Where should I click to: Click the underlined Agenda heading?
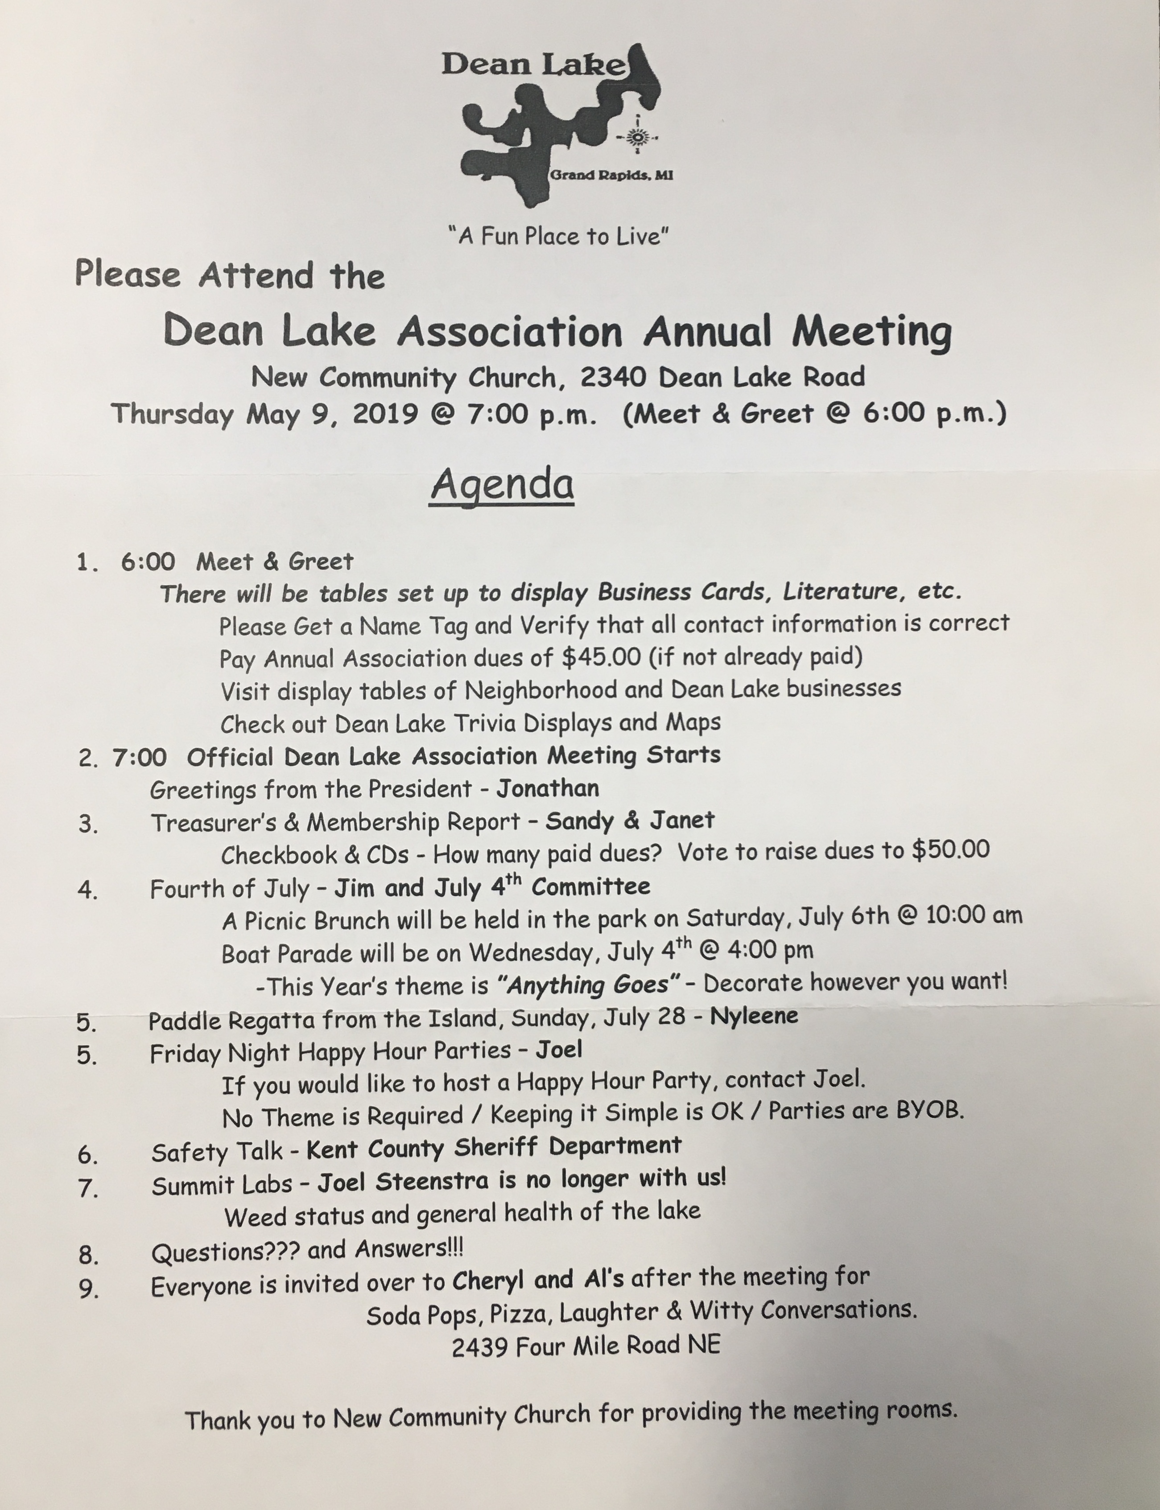click(x=502, y=485)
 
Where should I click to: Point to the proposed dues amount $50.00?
click(x=951, y=849)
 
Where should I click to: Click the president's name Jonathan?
click(x=548, y=788)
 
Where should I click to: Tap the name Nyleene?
click(x=754, y=1016)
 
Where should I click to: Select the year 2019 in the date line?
click(x=385, y=414)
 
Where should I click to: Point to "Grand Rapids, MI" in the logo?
click(x=611, y=175)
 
